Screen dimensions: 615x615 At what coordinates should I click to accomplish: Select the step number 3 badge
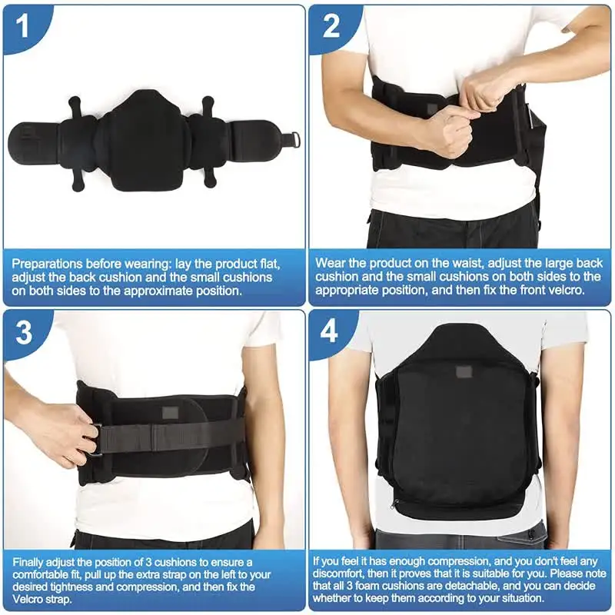point(24,334)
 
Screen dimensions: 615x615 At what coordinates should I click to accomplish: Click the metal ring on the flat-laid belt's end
point(289,140)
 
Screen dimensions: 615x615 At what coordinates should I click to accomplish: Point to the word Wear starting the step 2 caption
point(330,264)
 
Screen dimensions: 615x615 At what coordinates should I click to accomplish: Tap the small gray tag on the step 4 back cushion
point(464,372)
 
